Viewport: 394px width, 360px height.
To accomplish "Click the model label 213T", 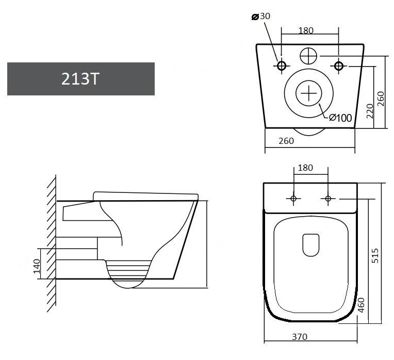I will coord(80,79).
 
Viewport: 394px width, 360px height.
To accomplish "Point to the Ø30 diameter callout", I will coord(261,17).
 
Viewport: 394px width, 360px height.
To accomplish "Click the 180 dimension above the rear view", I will coord(306,30).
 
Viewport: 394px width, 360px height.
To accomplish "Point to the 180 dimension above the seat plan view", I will coord(306,168).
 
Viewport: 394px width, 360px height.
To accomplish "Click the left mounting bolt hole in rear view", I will coord(282,66).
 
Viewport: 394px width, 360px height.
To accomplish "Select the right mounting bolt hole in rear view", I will coord(339,66).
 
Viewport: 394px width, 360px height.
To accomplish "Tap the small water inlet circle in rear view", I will coord(308,55).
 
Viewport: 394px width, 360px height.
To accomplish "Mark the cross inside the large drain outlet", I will coord(308,93).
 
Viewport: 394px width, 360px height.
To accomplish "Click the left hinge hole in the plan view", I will coord(293,199).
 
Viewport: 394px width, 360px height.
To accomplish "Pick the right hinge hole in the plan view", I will coord(327,199).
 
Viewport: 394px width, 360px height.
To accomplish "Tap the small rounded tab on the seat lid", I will coord(310,245).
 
